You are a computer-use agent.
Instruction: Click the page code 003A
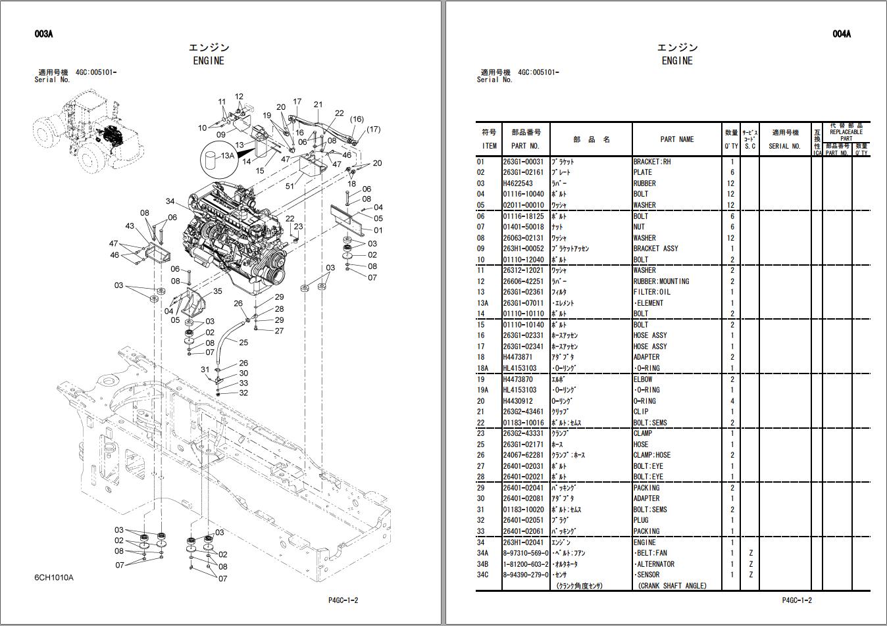coord(43,34)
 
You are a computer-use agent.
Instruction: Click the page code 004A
coord(841,34)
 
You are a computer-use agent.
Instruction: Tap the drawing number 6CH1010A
coord(54,578)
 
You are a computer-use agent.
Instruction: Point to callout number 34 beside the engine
coord(170,201)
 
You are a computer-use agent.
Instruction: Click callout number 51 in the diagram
coord(290,186)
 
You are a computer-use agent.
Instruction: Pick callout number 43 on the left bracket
coord(130,226)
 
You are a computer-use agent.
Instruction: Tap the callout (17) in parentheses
coord(373,130)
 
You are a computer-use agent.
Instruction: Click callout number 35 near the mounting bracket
coord(217,291)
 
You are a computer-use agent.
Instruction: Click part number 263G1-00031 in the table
coord(523,162)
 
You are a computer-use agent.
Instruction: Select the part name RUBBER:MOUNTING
coord(661,281)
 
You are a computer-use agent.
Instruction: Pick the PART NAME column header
coord(676,139)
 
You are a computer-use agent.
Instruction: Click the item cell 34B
coord(484,564)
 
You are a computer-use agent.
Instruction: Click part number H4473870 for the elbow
coord(518,379)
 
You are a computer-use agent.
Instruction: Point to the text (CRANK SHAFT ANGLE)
coord(672,586)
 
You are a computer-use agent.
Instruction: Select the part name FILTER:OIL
coord(652,292)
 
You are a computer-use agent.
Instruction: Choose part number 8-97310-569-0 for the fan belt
coord(526,553)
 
